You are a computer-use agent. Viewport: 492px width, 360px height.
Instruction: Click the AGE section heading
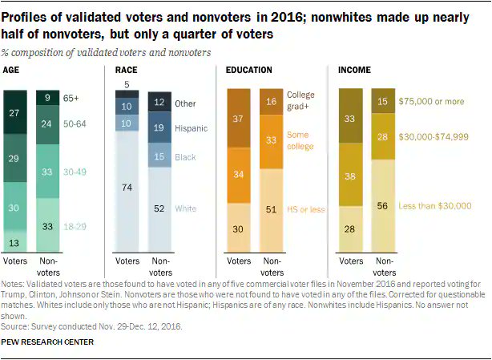[12, 71]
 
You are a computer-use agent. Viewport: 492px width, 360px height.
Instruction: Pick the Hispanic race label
[192, 127]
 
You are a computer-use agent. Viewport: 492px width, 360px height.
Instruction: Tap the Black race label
[185, 158]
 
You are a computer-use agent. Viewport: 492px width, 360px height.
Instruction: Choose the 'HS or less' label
[305, 209]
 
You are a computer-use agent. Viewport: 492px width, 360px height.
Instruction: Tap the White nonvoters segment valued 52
[159, 208]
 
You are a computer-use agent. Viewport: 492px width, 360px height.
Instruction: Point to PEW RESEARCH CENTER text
[48, 342]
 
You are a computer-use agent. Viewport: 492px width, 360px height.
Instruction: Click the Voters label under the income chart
[350, 261]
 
